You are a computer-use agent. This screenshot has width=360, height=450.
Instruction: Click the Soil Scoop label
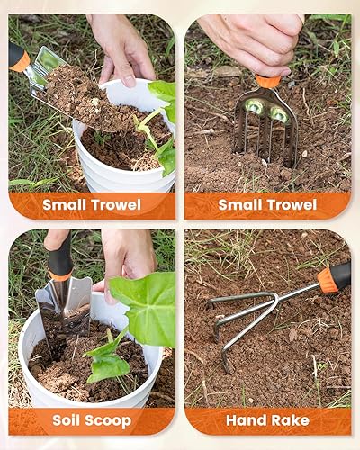91,420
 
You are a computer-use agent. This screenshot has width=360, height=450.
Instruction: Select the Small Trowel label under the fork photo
267,204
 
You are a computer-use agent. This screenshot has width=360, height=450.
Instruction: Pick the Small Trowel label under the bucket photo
91,204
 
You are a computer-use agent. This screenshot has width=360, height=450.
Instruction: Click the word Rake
290,420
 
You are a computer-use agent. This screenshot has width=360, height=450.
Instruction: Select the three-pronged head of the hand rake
238,315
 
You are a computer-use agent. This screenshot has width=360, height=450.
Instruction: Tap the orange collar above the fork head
267,82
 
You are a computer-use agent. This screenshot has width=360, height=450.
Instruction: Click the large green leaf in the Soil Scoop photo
144,306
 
